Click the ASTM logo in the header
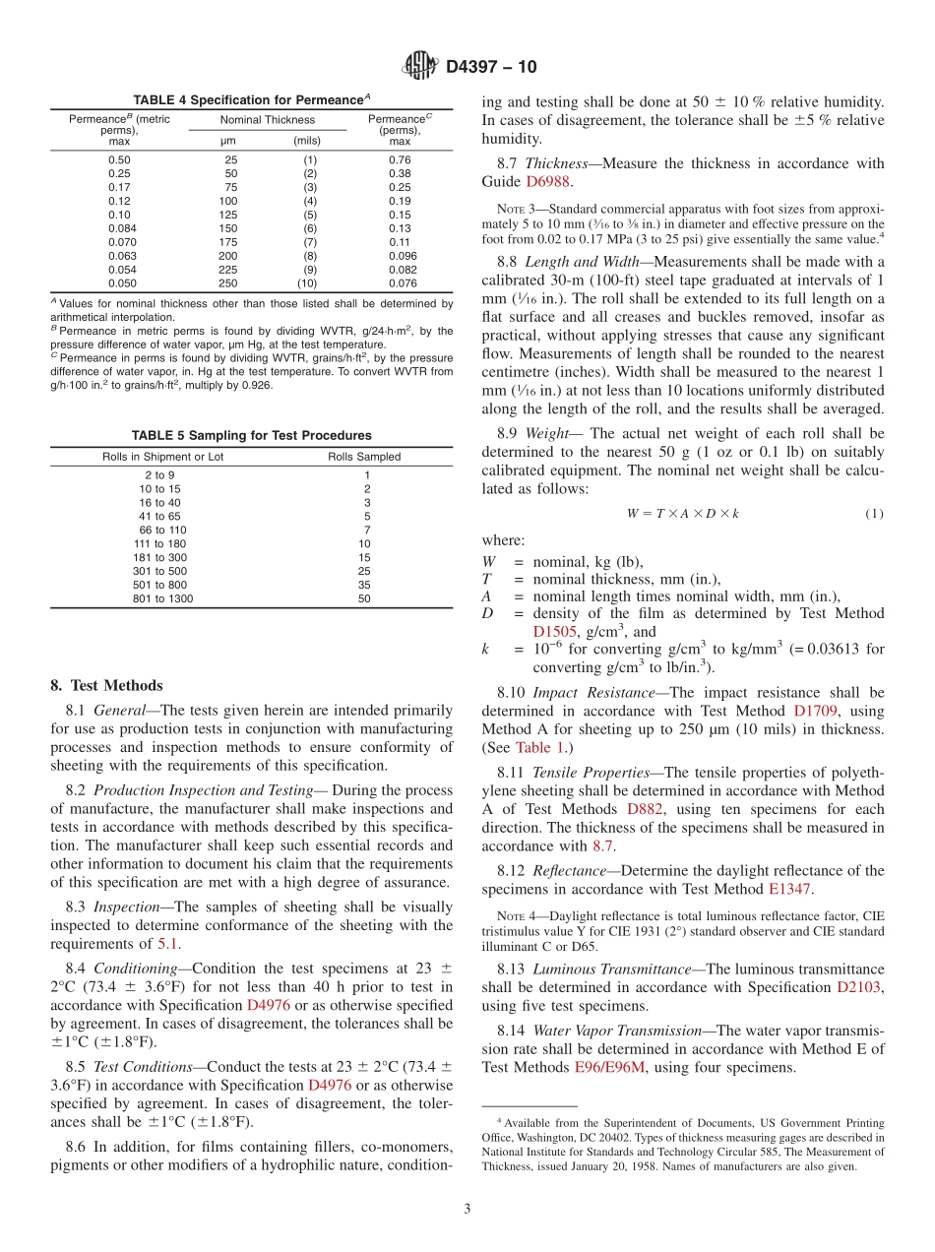click(420, 67)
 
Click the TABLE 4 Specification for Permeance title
click(252, 100)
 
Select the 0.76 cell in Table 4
click(399, 159)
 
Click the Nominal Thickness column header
click(268, 120)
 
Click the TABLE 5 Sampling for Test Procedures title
click(252, 435)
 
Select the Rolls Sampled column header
click(364, 457)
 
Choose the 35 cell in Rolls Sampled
click(364, 585)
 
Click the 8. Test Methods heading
click(107, 686)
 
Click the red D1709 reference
click(818, 711)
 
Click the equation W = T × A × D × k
click(683, 513)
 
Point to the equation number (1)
click(874, 513)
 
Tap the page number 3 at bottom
click(467, 1209)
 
